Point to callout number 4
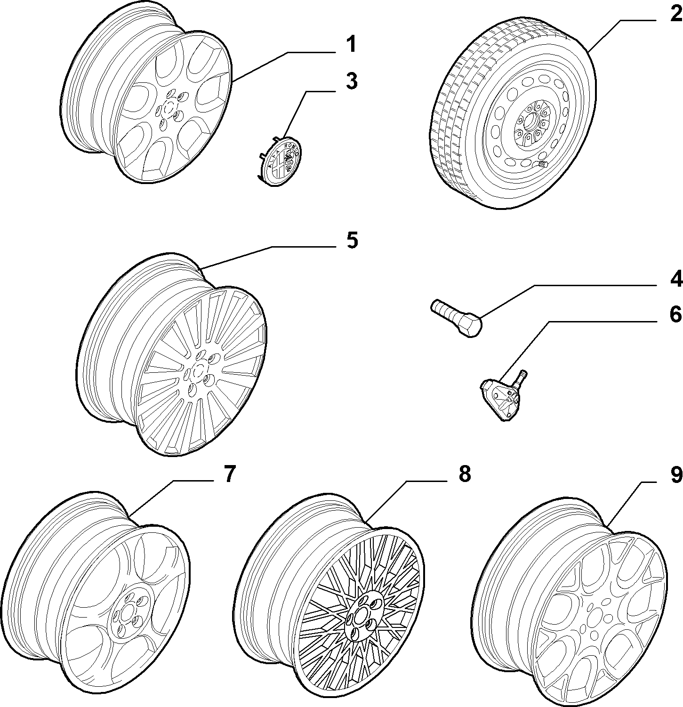676,279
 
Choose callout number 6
676,314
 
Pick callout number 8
464,474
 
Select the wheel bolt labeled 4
456,318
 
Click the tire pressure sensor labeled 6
503,394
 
